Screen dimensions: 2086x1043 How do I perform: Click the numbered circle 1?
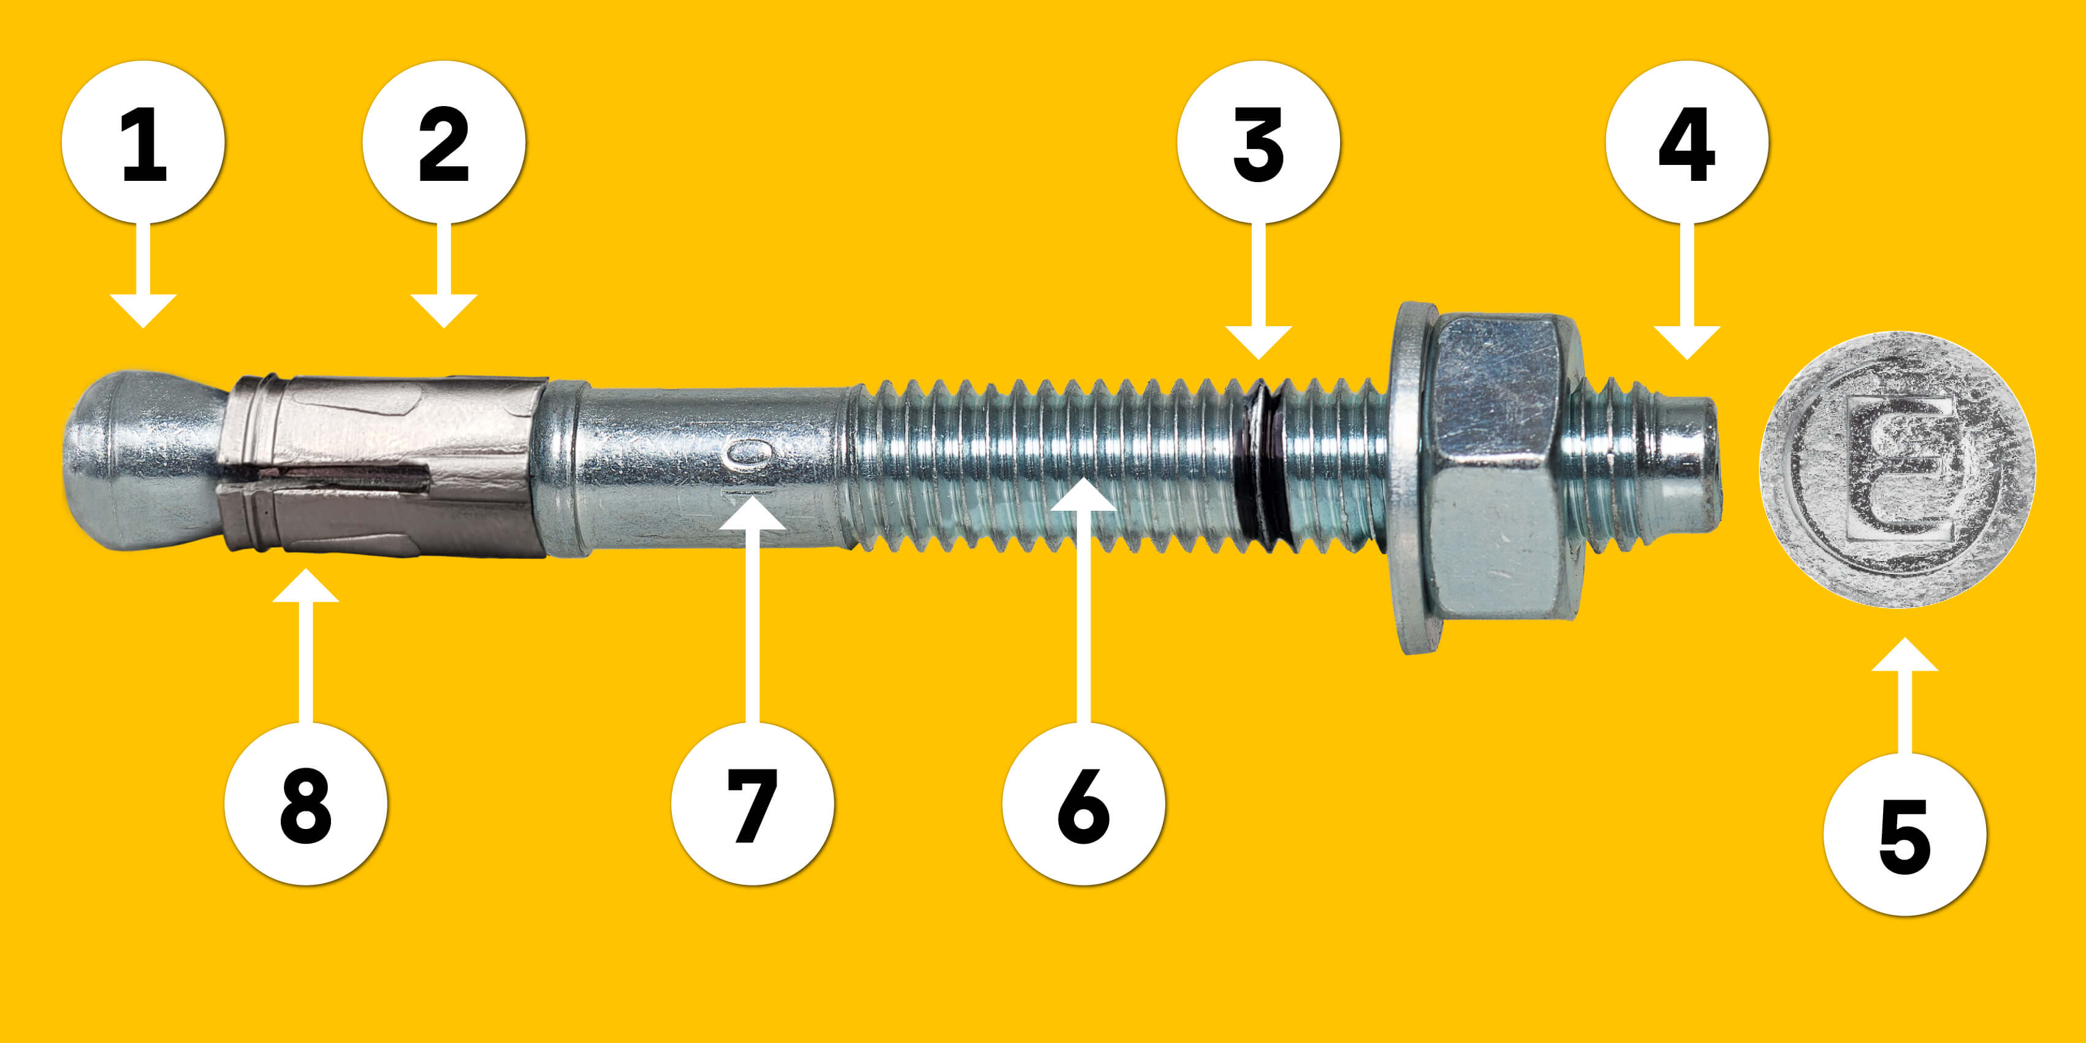pyautogui.click(x=143, y=142)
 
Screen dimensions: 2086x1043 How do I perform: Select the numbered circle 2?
pyautogui.click(x=444, y=142)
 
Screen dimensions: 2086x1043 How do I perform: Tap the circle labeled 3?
pyautogui.click(x=1258, y=142)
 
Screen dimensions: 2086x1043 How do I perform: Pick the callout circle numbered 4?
pyautogui.click(x=1687, y=142)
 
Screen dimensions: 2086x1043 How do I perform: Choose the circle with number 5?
pyautogui.click(x=1905, y=834)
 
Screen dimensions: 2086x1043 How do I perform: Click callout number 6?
pyautogui.click(x=1084, y=803)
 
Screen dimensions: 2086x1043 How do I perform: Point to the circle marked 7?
pyautogui.click(x=752, y=803)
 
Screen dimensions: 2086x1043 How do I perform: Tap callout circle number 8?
pyautogui.click(x=305, y=803)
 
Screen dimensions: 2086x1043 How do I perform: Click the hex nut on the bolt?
pyautogui.click(x=1498, y=467)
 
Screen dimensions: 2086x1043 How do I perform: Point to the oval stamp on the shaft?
pyautogui.click(x=748, y=454)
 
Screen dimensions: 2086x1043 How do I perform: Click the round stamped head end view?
pyautogui.click(x=1897, y=469)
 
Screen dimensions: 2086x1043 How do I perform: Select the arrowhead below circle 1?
pyautogui.click(x=143, y=311)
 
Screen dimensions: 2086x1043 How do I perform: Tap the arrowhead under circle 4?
pyautogui.click(x=1687, y=343)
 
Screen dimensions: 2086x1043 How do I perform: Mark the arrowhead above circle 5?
pyautogui.click(x=1905, y=654)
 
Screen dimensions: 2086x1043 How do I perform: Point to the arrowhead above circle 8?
pyautogui.click(x=305, y=586)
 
